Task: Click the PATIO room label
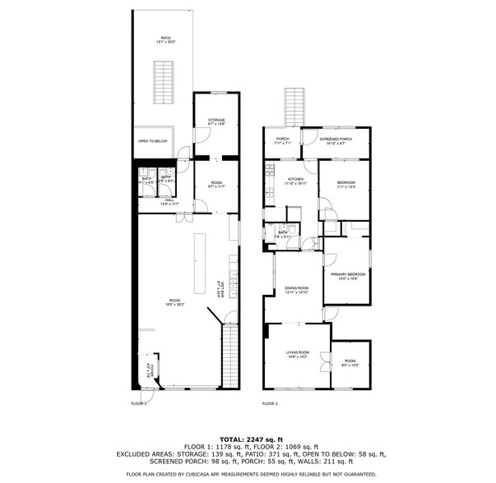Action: pyautogui.click(x=165, y=40)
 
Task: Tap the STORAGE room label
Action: pyautogui.click(x=216, y=121)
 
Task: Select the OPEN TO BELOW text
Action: pyautogui.click(x=153, y=140)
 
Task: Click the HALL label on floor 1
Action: pyautogui.click(x=168, y=201)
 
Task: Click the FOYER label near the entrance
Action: pyautogui.click(x=148, y=370)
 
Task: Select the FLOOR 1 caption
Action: pyautogui.click(x=139, y=404)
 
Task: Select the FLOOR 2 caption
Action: pyautogui.click(x=270, y=404)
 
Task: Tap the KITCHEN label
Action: pyautogui.click(x=295, y=181)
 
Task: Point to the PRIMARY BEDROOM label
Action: pyautogui.click(x=348, y=275)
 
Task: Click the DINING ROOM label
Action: pyautogui.click(x=296, y=289)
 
